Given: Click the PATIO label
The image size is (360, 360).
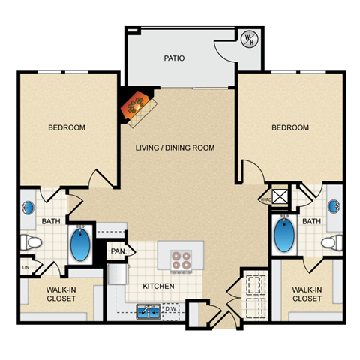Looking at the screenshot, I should (x=174, y=58).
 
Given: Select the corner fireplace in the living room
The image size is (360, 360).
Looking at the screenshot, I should (x=136, y=106).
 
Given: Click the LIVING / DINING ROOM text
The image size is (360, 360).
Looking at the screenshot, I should (x=175, y=148).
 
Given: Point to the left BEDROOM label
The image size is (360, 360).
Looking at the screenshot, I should (x=67, y=127).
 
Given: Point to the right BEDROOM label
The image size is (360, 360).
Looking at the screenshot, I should (x=290, y=127).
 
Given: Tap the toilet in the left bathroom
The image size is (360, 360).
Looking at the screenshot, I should (x=30, y=241).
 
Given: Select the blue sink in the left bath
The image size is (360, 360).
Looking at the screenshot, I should (x=28, y=207).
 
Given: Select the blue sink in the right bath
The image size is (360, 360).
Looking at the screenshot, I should (x=334, y=205).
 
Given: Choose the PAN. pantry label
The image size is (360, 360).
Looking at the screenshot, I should (x=118, y=252).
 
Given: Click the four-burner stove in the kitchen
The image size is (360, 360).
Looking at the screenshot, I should (x=181, y=259).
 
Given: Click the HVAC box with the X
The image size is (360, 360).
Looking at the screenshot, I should (x=280, y=197).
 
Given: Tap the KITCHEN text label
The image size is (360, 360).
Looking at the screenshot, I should (x=159, y=286).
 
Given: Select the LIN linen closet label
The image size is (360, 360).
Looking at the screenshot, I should (x=25, y=267).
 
